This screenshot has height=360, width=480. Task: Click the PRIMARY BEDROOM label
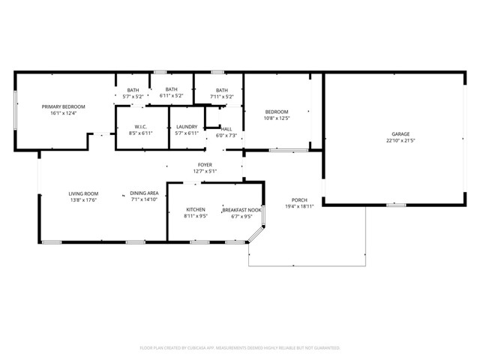[63, 107]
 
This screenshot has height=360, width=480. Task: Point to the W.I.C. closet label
[142, 127]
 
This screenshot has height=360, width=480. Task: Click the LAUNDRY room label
[186, 127]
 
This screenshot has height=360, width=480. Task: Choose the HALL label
[226, 129]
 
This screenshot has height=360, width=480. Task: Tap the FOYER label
[205, 165]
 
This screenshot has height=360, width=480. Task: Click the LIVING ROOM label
[84, 194]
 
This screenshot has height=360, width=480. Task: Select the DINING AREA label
[144, 193]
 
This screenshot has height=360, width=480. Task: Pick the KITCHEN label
[196, 210]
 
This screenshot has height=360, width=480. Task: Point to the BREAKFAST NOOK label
[242, 210]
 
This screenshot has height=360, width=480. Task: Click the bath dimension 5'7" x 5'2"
[133, 96]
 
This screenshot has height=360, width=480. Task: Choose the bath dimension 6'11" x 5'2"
[172, 95]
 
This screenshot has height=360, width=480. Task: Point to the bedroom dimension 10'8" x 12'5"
[277, 118]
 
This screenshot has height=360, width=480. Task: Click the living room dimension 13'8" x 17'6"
[83, 200]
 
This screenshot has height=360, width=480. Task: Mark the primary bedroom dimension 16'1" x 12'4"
[63, 113]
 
